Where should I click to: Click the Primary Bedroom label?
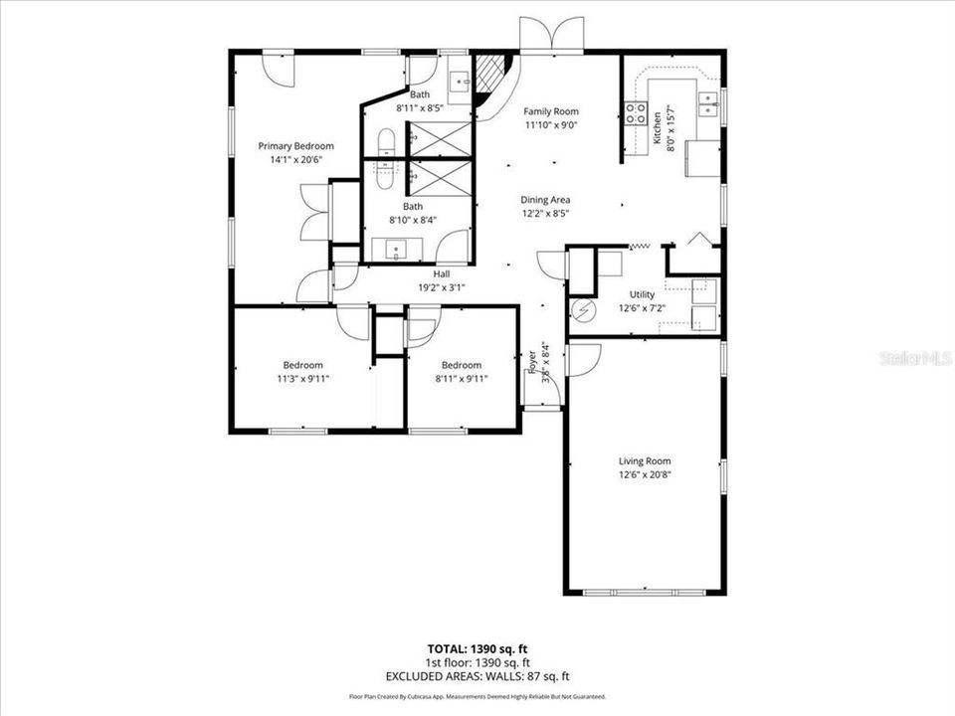(x=295, y=146)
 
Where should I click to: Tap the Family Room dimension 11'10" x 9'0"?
(x=551, y=125)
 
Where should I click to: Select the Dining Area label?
(x=545, y=199)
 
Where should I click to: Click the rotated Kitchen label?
(x=657, y=128)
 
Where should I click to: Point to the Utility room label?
(x=642, y=294)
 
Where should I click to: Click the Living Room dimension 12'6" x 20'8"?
(x=645, y=474)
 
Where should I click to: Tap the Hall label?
(x=443, y=273)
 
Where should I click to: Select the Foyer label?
(x=533, y=358)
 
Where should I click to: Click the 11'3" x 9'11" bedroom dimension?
(x=301, y=378)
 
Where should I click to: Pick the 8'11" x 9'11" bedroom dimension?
(x=461, y=378)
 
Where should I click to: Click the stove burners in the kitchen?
(x=635, y=112)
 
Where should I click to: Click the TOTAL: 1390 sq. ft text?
(x=477, y=648)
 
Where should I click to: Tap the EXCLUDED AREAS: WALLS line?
(x=477, y=676)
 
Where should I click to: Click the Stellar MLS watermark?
(x=915, y=357)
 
